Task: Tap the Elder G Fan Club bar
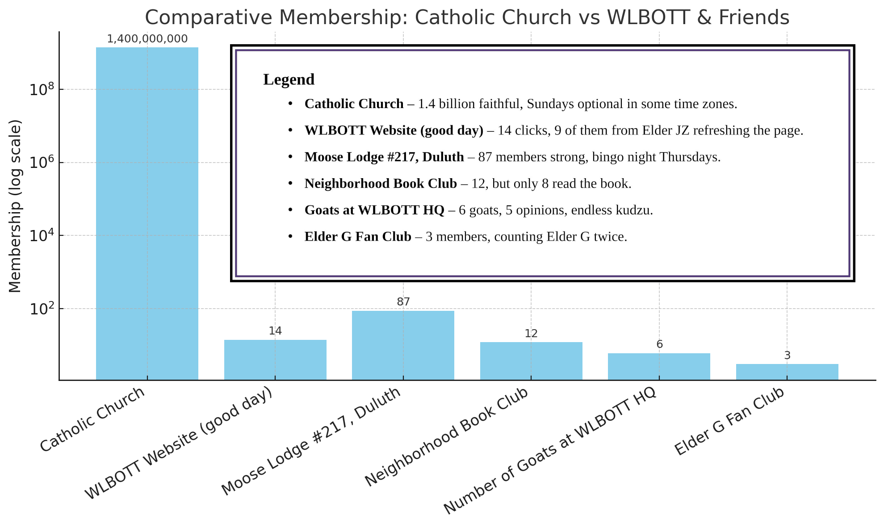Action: (x=787, y=372)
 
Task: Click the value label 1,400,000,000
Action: (x=147, y=39)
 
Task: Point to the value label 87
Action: (x=403, y=302)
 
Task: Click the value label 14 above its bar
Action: (x=275, y=331)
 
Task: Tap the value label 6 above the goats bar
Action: (x=659, y=344)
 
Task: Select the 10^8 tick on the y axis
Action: (x=42, y=89)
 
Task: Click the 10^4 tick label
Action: (x=42, y=235)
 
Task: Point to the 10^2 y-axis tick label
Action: (x=42, y=309)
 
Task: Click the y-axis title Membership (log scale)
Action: (x=15, y=206)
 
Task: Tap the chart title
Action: (x=467, y=17)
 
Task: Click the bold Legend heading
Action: (x=289, y=79)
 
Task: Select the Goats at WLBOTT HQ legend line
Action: (x=478, y=210)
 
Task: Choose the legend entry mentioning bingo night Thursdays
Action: (x=512, y=157)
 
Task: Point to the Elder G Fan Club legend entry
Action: (x=465, y=237)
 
